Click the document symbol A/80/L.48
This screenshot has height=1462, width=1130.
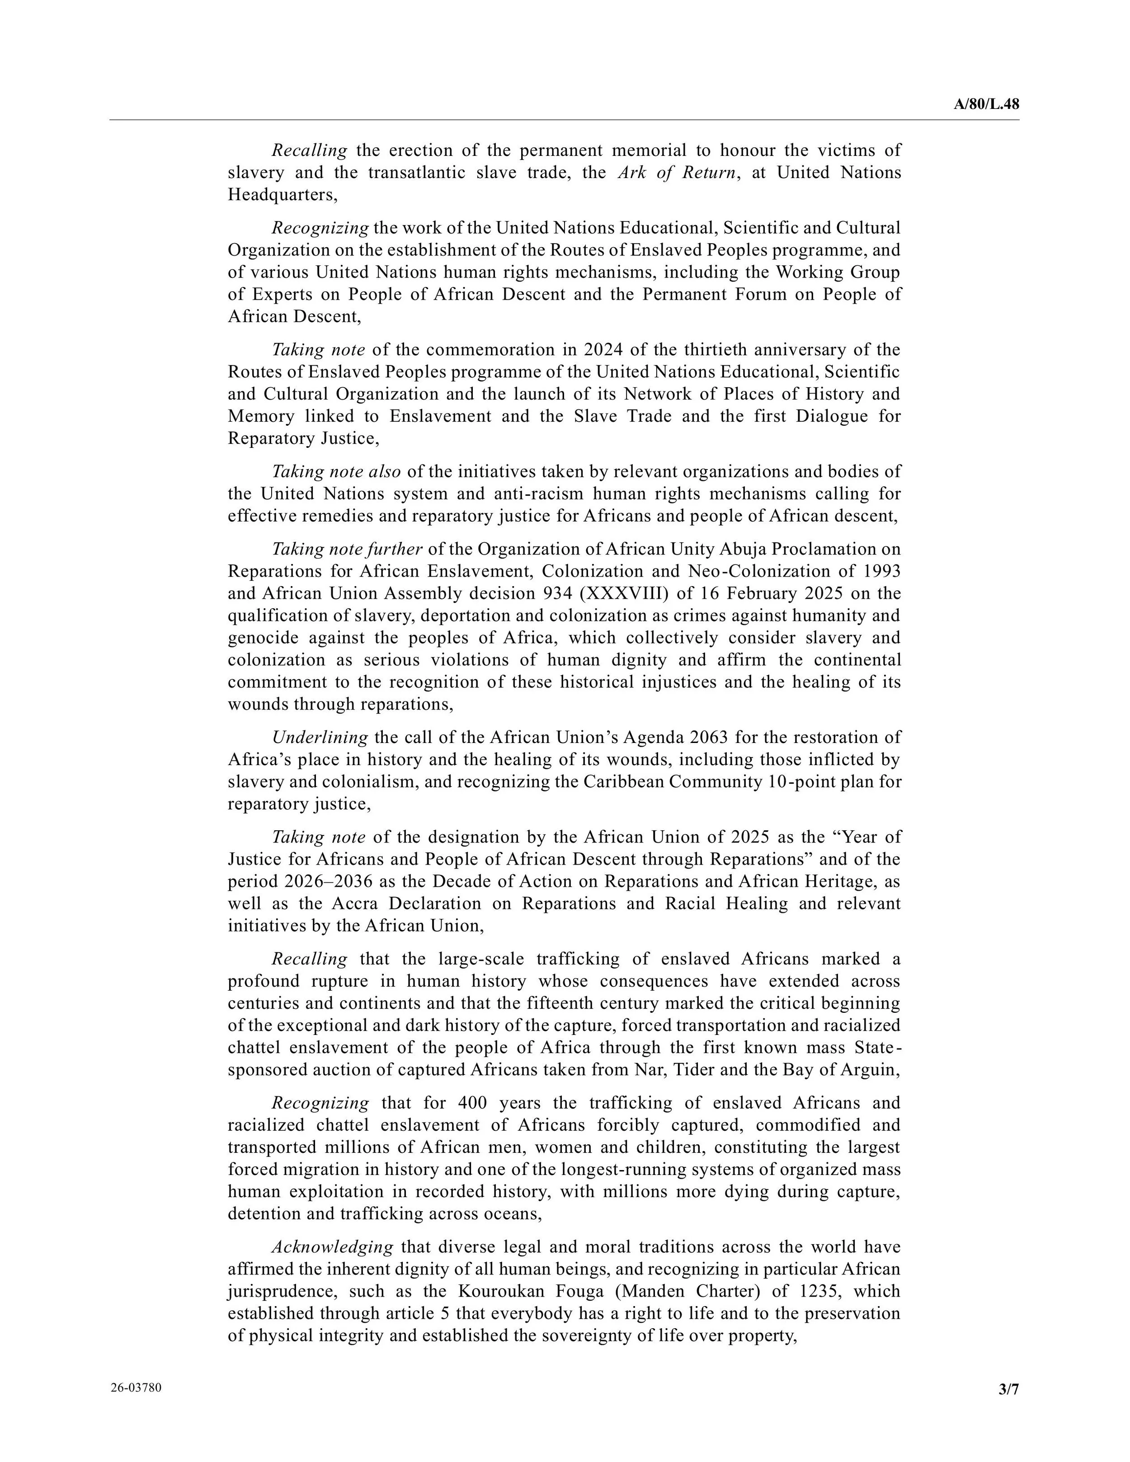pos(986,104)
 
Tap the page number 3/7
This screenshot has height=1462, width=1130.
pos(1008,1390)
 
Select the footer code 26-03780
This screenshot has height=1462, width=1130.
pos(136,1387)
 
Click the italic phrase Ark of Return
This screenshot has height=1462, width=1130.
pos(677,173)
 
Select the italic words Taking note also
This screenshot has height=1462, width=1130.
pos(336,471)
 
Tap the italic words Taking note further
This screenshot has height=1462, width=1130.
pos(347,549)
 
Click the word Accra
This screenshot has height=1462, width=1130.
pos(355,903)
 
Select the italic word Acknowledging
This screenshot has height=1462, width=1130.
pos(332,1246)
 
